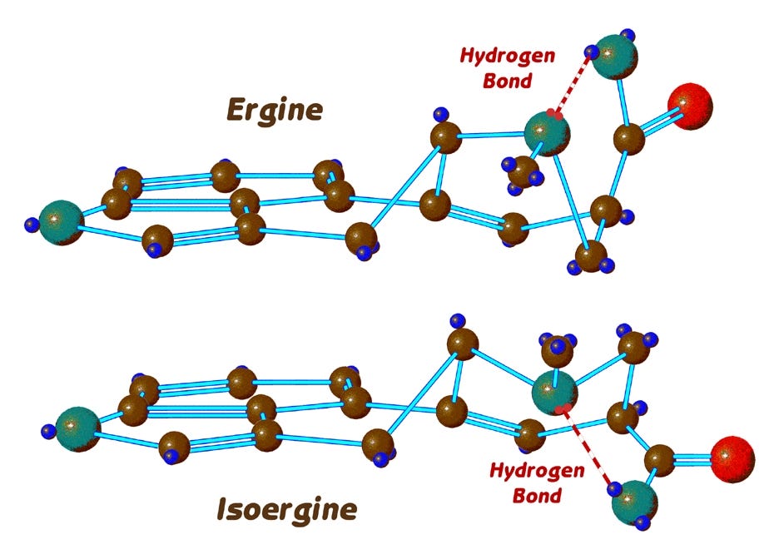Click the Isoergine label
(287, 507)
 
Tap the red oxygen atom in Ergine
(690, 106)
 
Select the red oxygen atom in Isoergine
(732, 458)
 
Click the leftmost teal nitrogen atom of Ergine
(61, 222)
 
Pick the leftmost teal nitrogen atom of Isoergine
(77, 428)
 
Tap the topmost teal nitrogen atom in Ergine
(618, 57)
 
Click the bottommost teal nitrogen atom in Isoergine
(634, 502)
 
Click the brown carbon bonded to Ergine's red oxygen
(629, 138)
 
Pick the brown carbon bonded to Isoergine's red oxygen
(659, 460)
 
